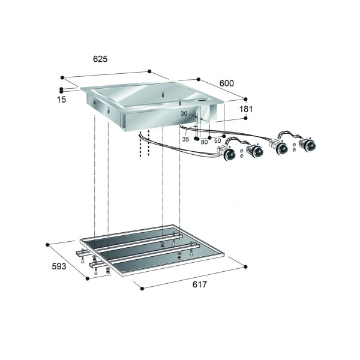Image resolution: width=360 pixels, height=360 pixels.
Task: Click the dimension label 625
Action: (100, 59)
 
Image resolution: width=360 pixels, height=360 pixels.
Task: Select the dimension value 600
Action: (227, 83)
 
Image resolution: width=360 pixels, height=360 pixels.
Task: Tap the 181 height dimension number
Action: (246, 109)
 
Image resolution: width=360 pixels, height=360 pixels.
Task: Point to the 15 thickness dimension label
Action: (62, 100)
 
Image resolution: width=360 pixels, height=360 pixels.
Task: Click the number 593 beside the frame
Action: (59, 266)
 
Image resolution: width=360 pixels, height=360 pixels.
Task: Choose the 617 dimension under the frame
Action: (200, 284)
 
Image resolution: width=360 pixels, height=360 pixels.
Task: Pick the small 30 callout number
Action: (184, 113)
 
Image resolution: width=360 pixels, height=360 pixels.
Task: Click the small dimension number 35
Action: (185, 139)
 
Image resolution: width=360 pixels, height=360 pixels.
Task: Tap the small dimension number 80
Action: (204, 142)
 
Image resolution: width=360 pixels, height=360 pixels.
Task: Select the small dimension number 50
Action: (217, 141)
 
